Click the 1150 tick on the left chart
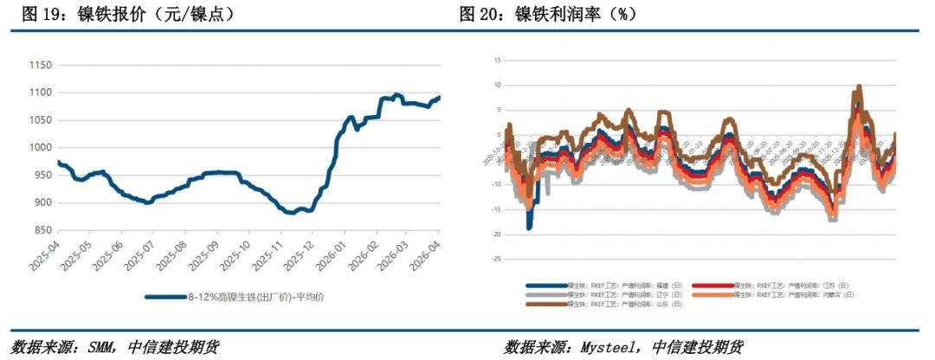coord(42,65)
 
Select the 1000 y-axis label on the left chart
coord(42,148)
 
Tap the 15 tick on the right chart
coord(498,60)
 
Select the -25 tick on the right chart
coord(496,259)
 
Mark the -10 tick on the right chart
coord(496,184)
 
